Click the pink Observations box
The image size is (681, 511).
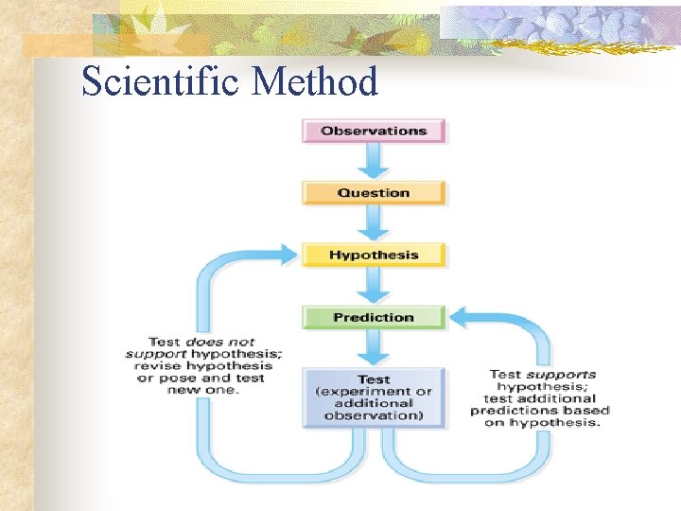click(x=374, y=131)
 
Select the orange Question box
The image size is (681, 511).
click(x=374, y=193)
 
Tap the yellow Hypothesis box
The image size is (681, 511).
click(x=374, y=255)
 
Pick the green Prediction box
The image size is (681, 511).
click(x=374, y=317)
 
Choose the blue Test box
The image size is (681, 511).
click(x=374, y=396)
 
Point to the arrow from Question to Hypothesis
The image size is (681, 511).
click(x=374, y=223)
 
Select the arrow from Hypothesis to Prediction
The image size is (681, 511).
click(x=374, y=286)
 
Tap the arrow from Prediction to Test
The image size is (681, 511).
click(x=374, y=348)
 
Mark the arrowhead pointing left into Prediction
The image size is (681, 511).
click(x=461, y=317)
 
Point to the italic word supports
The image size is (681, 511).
click(x=563, y=375)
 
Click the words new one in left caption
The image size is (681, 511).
click(x=203, y=390)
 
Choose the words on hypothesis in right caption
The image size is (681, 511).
click(x=554, y=422)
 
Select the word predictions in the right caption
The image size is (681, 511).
click(x=511, y=411)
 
